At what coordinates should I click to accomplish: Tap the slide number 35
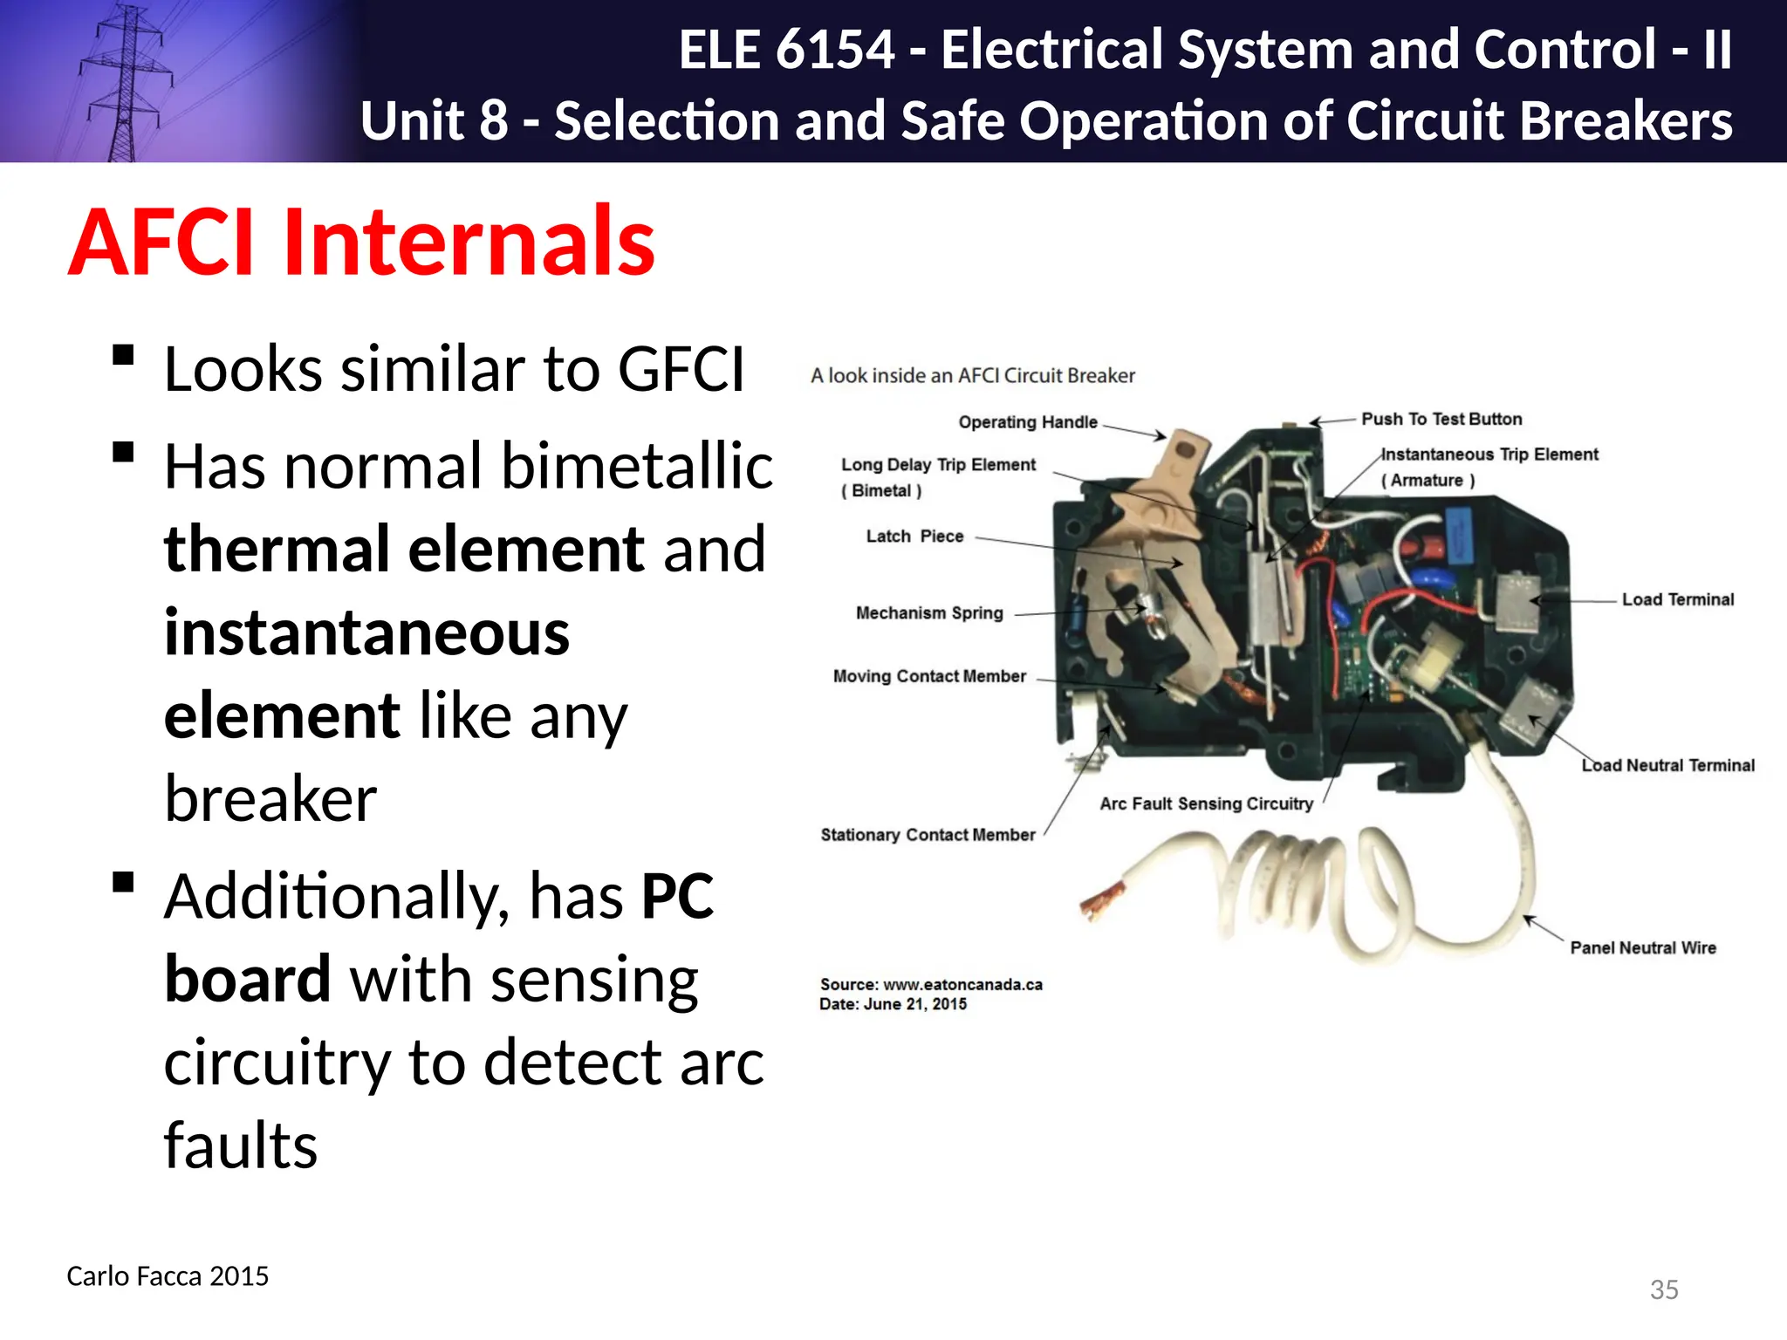[x=1664, y=1289]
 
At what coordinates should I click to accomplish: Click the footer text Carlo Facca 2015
[x=168, y=1276]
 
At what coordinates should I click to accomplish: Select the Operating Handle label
[x=1027, y=422]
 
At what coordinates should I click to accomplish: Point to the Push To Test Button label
[x=1441, y=419]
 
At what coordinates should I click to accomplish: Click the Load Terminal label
[x=1677, y=599]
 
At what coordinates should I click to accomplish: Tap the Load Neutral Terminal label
[x=1667, y=765]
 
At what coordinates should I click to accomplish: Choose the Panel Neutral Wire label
[x=1642, y=947]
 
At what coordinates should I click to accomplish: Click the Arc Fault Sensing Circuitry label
[x=1206, y=803]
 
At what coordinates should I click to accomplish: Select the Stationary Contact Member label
[x=928, y=835]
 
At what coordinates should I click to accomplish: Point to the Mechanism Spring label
[x=929, y=612]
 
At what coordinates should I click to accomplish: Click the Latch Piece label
[x=914, y=536]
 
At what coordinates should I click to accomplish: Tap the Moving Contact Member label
[x=929, y=676]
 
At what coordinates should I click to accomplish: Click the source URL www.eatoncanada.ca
[x=962, y=984]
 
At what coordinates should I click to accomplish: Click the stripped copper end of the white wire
[x=1101, y=899]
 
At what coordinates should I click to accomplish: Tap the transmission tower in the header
[x=125, y=83]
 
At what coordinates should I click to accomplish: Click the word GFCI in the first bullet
[x=681, y=370]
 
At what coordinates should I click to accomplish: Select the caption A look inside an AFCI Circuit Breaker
[x=972, y=376]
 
